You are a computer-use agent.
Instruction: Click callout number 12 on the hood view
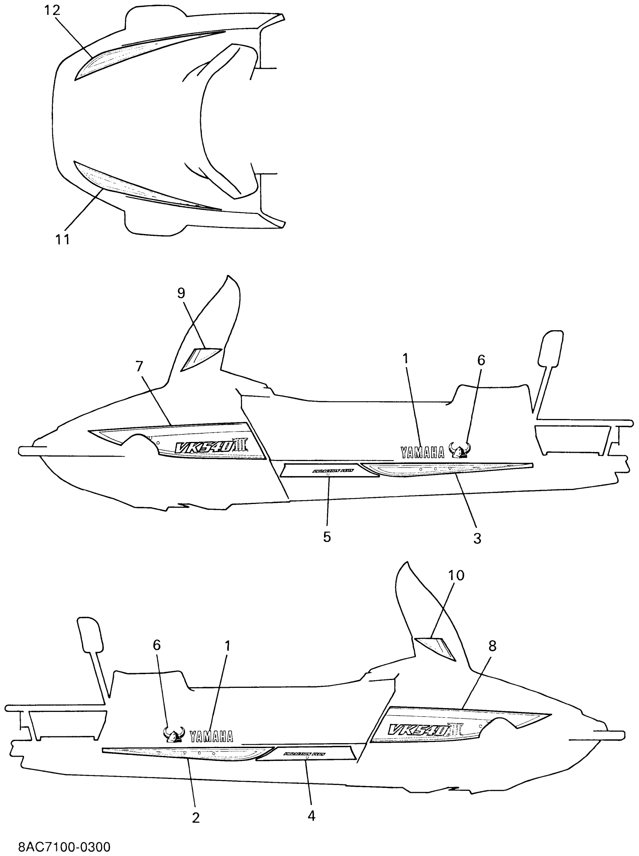pyautogui.click(x=52, y=11)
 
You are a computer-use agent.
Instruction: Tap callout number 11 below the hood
pyautogui.click(x=62, y=239)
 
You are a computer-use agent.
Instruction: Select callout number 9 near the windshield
pyautogui.click(x=181, y=293)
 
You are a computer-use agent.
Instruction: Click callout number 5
pyautogui.click(x=327, y=537)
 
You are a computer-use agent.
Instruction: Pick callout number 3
pyautogui.click(x=477, y=537)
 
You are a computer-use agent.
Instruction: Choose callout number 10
pyautogui.click(x=456, y=575)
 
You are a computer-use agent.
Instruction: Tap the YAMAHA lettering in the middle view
pyautogui.click(x=422, y=452)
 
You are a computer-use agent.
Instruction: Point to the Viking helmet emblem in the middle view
pyautogui.click(x=460, y=450)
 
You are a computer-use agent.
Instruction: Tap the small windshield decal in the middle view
pyautogui.click(x=200, y=358)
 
